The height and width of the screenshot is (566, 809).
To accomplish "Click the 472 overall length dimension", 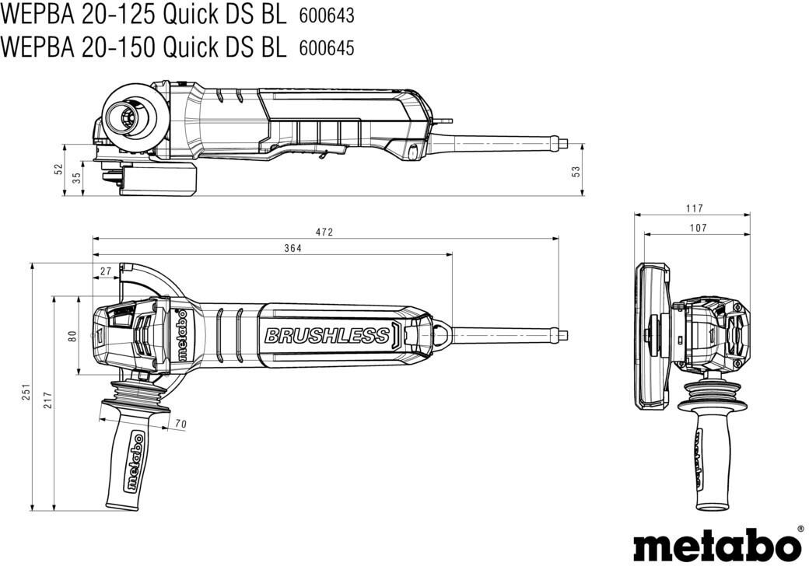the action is click(324, 232).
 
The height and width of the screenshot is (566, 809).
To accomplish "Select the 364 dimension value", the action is click(292, 249).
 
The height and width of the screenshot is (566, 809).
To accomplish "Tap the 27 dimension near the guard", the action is click(106, 271).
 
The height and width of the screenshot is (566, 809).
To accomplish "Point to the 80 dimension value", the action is click(73, 336).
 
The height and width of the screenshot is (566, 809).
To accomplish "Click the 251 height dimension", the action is click(26, 391).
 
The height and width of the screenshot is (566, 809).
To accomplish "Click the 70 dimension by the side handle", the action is click(180, 424).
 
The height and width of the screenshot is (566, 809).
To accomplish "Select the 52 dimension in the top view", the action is click(58, 169).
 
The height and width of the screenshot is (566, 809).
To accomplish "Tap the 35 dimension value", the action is click(77, 178).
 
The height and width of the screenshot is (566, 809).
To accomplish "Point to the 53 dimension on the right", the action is click(576, 170).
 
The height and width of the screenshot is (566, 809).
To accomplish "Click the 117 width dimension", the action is click(695, 209).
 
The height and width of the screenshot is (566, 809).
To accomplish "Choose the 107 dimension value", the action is click(698, 228).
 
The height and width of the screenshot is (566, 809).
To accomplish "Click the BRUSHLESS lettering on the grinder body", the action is click(327, 336).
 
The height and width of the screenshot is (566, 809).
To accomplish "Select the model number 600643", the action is click(327, 16).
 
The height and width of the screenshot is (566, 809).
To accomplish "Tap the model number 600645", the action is click(327, 48).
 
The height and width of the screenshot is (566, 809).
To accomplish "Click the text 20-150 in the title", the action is click(117, 47).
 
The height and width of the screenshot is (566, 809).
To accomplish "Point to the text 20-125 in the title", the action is click(117, 16).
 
